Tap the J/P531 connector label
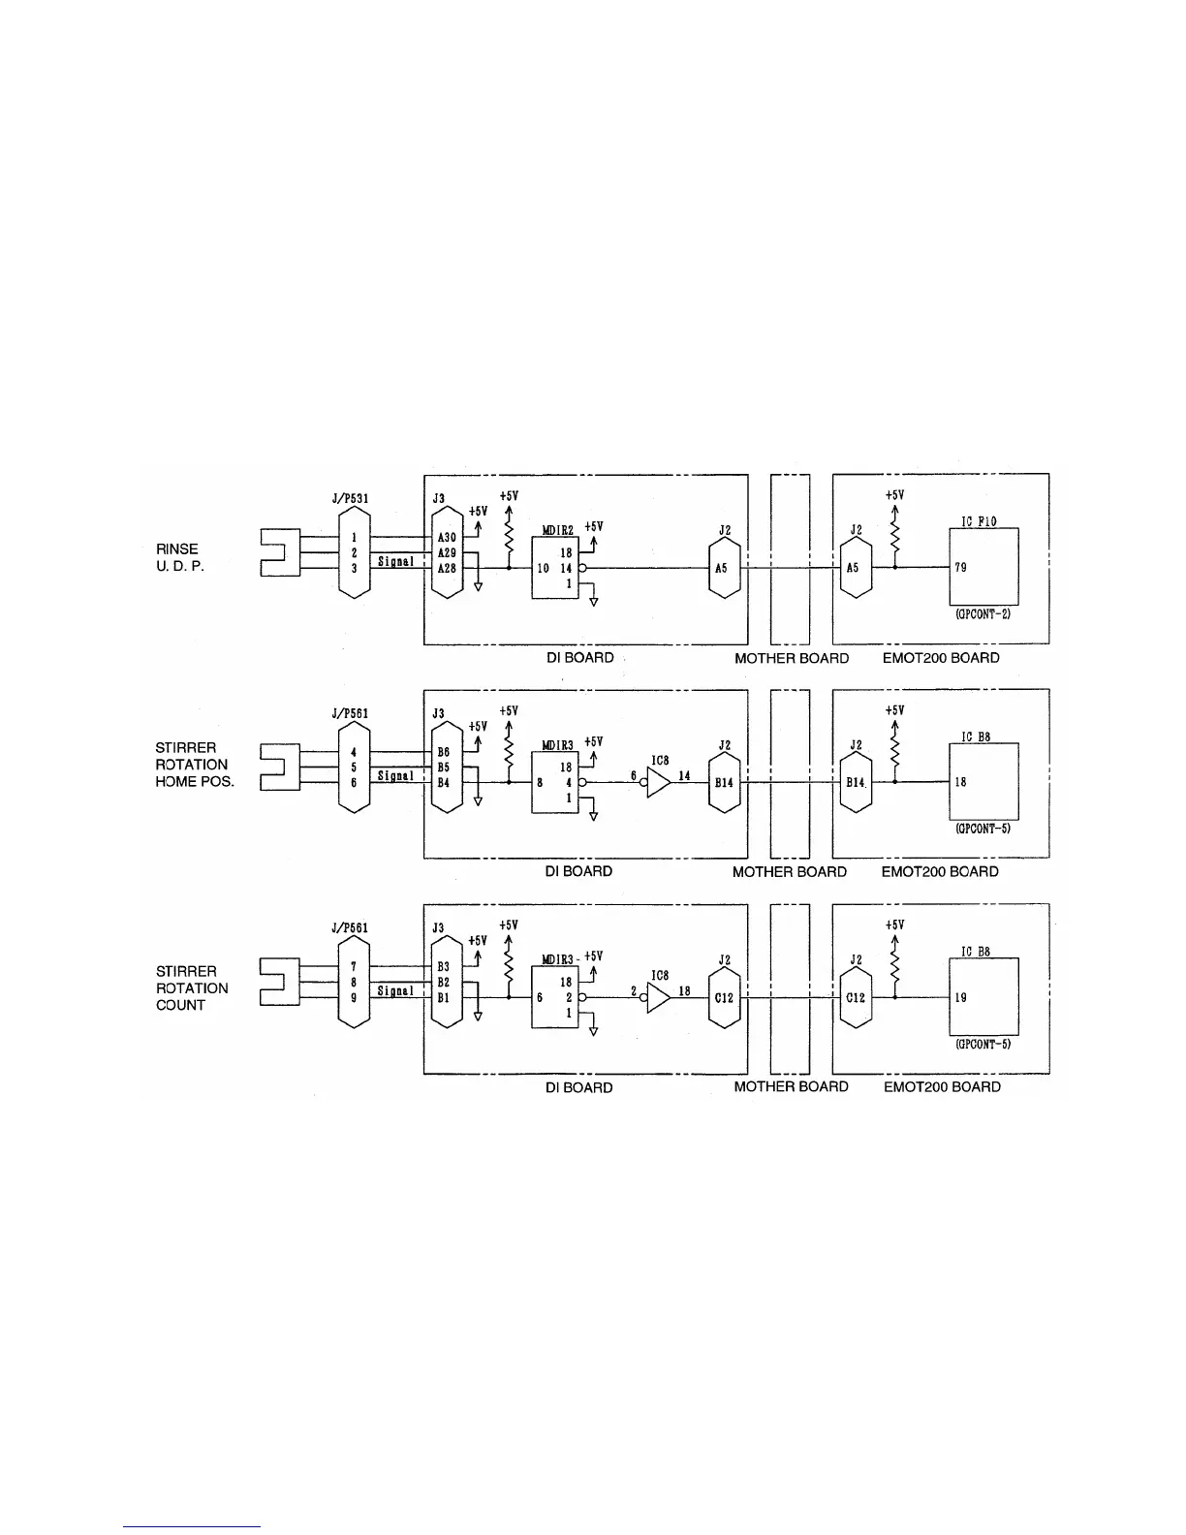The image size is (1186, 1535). [349, 499]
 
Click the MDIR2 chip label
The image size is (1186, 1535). [559, 530]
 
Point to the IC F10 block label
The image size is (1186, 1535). [979, 520]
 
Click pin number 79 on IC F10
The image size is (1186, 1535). [960, 568]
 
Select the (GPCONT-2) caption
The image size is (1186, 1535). [983, 614]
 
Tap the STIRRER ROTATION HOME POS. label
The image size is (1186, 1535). [194, 765]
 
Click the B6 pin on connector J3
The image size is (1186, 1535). [444, 751]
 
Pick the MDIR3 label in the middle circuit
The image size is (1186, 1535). [559, 745]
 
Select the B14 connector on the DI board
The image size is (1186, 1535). [724, 783]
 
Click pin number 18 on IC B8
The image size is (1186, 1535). [960, 782]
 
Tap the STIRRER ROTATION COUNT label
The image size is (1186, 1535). [192, 988]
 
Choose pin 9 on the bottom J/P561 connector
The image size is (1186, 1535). [354, 997]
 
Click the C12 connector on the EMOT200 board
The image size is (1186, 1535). [855, 997]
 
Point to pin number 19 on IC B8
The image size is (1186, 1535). [960, 997]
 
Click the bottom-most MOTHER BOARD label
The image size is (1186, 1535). [791, 1086]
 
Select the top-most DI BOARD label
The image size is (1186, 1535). [579, 658]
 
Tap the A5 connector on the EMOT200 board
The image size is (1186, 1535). [853, 569]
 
